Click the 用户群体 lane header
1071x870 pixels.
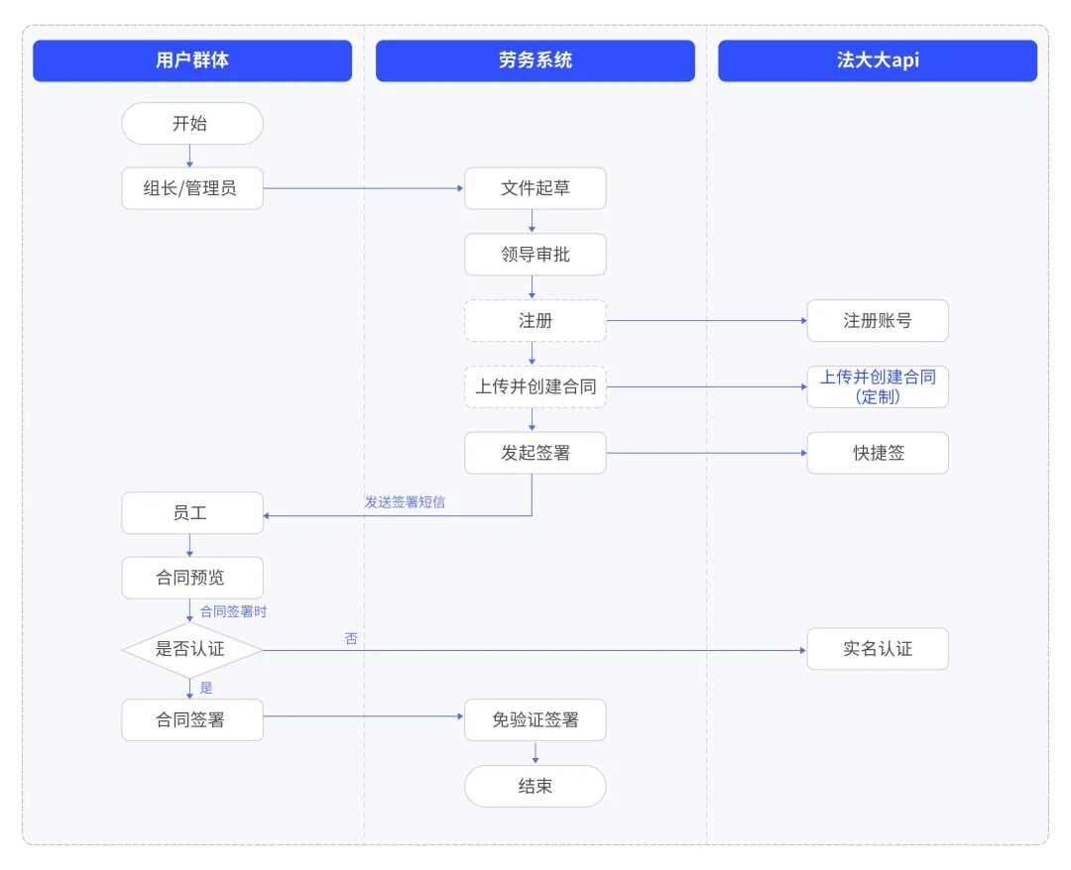pyautogui.click(x=191, y=60)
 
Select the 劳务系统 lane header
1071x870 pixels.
pyautogui.click(x=535, y=60)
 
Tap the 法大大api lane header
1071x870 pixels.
pyautogui.click(x=878, y=60)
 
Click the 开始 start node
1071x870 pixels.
pyautogui.click(x=191, y=124)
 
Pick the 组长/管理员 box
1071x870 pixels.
pyautogui.click(x=191, y=188)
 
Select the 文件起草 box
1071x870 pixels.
pyautogui.click(x=535, y=188)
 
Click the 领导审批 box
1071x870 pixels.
pyautogui.click(x=535, y=255)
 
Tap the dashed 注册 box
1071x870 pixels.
pyautogui.click(x=535, y=321)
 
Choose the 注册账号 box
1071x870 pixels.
pyautogui.click(x=878, y=321)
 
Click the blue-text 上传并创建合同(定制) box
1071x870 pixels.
pyautogui.click(x=878, y=386)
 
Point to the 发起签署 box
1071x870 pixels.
pyautogui.click(x=535, y=453)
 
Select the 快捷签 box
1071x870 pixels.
pyautogui.click(x=878, y=453)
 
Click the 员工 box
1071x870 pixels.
pyautogui.click(x=191, y=513)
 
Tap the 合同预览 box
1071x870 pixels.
pyautogui.click(x=191, y=578)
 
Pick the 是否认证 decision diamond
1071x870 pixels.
pyautogui.click(x=191, y=650)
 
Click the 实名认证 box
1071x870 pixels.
pyautogui.click(x=878, y=649)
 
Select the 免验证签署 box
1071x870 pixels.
pyautogui.click(x=535, y=720)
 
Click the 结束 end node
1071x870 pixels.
pyautogui.click(x=535, y=787)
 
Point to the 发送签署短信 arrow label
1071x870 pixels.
pyautogui.click(x=405, y=502)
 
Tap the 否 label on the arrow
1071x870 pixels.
pyautogui.click(x=351, y=639)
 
